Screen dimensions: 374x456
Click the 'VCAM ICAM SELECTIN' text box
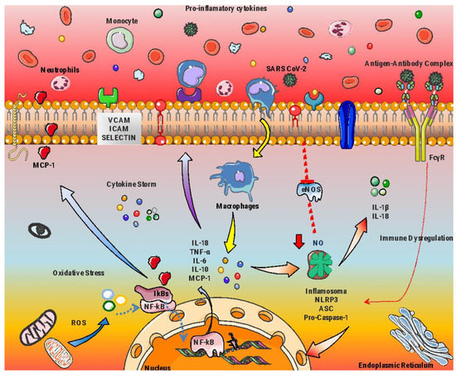coord(120,129)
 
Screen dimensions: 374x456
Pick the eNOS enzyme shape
coord(306,190)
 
